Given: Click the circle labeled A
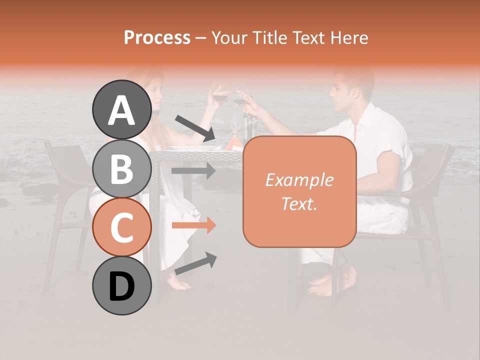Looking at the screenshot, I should pyautogui.click(x=121, y=110).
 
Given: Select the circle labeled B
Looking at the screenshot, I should pyautogui.click(x=121, y=169).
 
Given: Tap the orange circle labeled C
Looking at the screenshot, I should pyautogui.click(x=121, y=227).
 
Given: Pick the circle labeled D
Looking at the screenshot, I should pyautogui.click(x=121, y=286).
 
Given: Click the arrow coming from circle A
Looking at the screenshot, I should pyautogui.click(x=195, y=128).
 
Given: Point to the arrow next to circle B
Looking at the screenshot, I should pyautogui.click(x=194, y=170).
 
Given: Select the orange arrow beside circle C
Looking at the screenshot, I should pyautogui.click(x=194, y=225).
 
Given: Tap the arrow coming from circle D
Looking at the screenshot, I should pyautogui.click(x=195, y=263).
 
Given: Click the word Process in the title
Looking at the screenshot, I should pyautogui.click(x=157, y=37).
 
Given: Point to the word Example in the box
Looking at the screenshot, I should pyautogui.click(x=299, y=180).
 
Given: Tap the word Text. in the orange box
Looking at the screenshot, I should pyautogui.click(x=299, y=203).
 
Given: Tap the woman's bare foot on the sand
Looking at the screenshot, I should pyautogui.click(x=178, y=284).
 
